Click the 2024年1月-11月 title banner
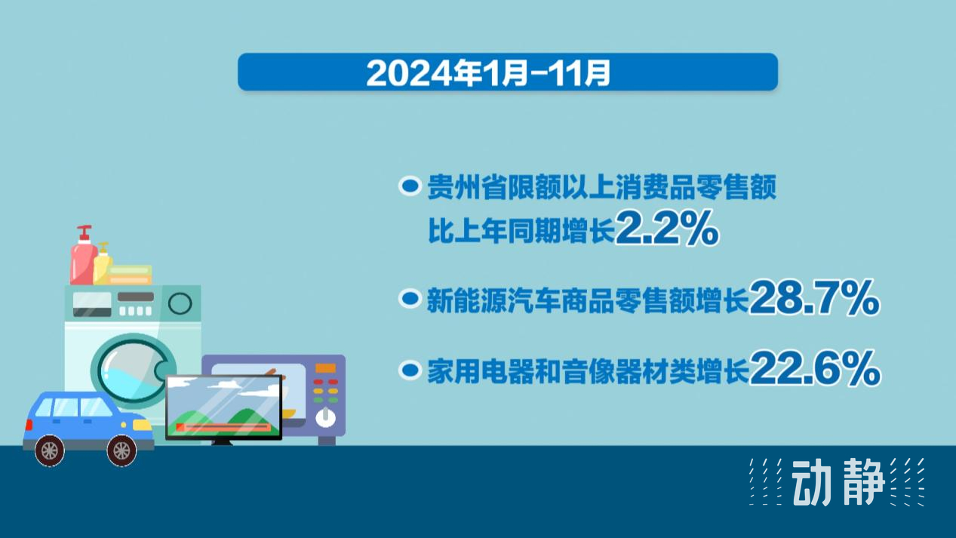[x=508, y=72]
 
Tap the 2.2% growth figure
[x=667, y=228]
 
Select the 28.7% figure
[x=814, y=297]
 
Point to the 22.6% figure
[x=814, y=368]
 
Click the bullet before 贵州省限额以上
[x=410, y=186]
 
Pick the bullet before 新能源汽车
[x=410, y=298]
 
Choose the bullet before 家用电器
[x=410, y=370]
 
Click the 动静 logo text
[x=838, y=482]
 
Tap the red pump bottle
[x=83, y=256]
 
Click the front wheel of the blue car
[x=121, y=450]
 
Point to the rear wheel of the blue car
[x=50, y=450]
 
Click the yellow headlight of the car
[x=142, y=425]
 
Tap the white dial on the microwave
[x=326, y=418]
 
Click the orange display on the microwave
[x=326, y=367]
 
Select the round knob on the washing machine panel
[x=180, y=303]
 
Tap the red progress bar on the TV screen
[x=223, y=426]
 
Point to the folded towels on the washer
[x=130, y=275]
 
